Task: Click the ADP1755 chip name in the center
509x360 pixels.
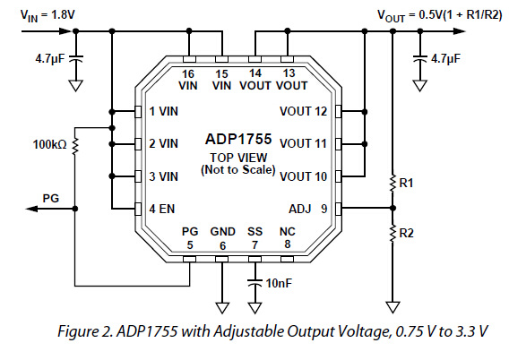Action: click(238, 139)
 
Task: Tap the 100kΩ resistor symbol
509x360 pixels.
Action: click(75, 146)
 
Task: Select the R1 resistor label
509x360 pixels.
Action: click(406, 184)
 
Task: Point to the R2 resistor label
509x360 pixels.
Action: click(407, 233)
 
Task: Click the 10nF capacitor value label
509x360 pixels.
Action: click(279, 284)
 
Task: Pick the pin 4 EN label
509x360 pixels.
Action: click(161, 209)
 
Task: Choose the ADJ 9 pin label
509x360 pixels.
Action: click(308, 209)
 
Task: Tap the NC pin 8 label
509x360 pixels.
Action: click(288, 237)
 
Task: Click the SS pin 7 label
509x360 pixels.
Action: click(254, 238)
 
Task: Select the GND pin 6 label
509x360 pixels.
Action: click(222, 238)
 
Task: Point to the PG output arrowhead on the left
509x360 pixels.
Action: click(32, 209)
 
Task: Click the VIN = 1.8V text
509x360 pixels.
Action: click(47, 15)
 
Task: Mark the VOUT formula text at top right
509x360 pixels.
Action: click(439, 15)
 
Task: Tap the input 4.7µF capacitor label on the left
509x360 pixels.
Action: click(50, 59)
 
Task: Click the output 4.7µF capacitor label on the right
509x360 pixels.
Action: click(445, 59)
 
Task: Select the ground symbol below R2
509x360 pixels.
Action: click(393, 307)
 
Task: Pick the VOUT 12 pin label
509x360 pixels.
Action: click(304, 112)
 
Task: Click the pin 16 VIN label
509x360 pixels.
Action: click(188, 80)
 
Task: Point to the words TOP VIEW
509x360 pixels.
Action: click(238, 158)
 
